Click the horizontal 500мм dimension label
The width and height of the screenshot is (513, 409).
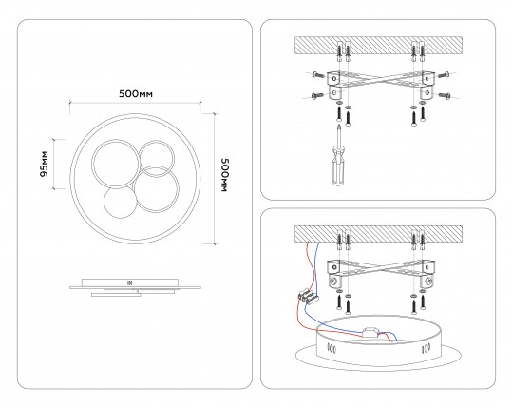pyautogui.click(x=136, y=94)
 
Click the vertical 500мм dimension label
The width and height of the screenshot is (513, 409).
pyautogui.click(x=225, y=175)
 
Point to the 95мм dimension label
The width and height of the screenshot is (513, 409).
pyautogui.click(x=44, y=164)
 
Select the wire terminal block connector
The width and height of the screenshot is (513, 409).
pyautogui.click(x=308, y=295)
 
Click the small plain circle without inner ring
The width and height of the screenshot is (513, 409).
pyautogui.click(x=120, y=203)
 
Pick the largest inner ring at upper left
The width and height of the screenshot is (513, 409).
pyautogui.click(x=116, y=164)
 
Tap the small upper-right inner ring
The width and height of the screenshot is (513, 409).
pyautogui.click(x=157, y=159)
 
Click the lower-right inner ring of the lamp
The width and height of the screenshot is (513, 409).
pyautogui.click(x=157, y=188)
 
